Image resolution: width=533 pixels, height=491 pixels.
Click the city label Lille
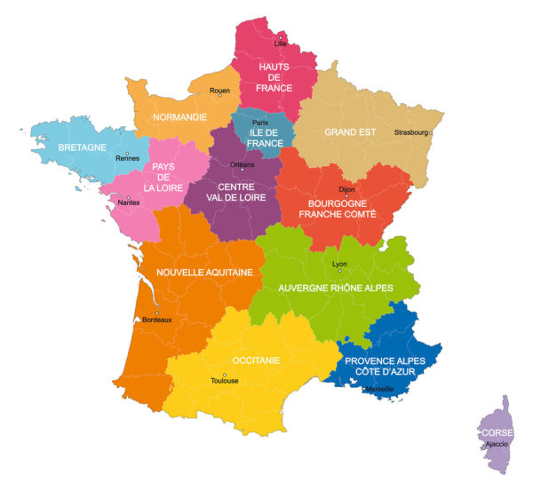(x=282, y=43)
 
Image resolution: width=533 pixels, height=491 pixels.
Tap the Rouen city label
(x=219, y=91)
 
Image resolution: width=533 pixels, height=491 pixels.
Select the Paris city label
(x=259, y=123)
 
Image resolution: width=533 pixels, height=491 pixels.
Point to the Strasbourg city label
(x=410, y=133)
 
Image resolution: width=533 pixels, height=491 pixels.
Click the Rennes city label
(x=127, y=160)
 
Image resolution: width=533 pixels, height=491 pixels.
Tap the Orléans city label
(x=242, y=165)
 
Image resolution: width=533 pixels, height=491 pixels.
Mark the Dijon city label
(x=346, y=190)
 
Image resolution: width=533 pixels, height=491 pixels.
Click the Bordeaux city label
(x=157, y=320)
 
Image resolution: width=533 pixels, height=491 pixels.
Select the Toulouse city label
(x=224, y=381)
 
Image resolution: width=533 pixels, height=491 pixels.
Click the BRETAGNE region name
(x=82, y=147)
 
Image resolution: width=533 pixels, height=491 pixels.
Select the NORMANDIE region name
(x=180, y=117)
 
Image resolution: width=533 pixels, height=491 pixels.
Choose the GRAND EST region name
(x=350, y=132)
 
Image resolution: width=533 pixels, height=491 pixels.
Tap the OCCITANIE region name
(x=256, y=360)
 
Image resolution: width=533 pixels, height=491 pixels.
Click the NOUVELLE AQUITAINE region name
(x=204, y=273)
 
